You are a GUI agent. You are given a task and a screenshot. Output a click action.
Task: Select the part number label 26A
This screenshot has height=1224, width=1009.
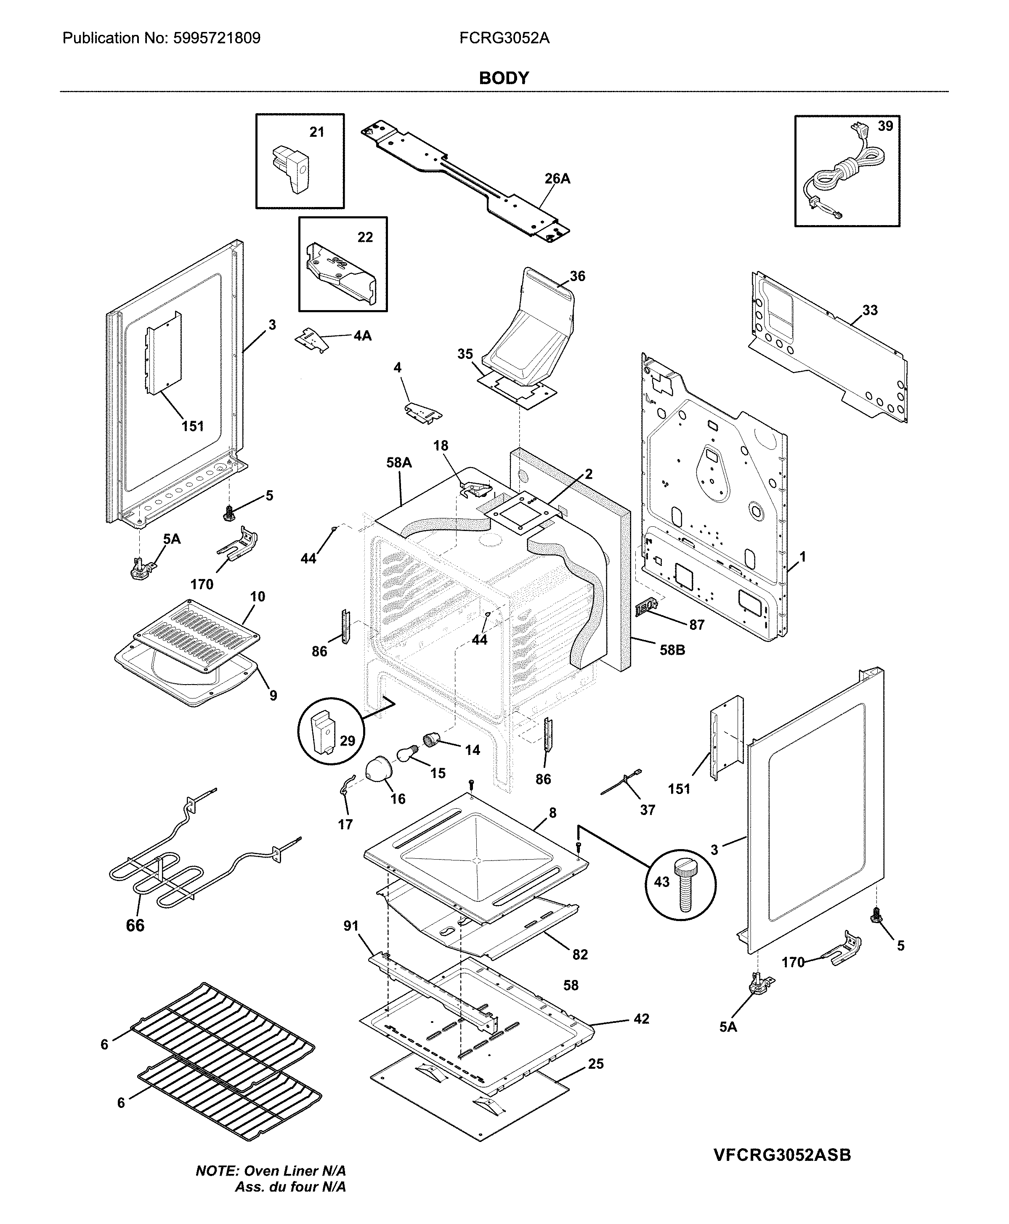point(557,179)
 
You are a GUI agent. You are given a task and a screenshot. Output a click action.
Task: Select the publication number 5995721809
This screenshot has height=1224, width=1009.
point(216,38)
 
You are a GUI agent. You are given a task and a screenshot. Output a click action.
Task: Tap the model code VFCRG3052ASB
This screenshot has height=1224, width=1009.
point(782,1155)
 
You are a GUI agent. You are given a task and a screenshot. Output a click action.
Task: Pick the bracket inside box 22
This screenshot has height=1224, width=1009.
point(341,271)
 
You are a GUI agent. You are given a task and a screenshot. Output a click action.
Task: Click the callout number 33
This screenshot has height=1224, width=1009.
point(869,311)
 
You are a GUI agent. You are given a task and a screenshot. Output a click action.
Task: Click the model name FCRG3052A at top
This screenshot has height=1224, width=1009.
point(504,38)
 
